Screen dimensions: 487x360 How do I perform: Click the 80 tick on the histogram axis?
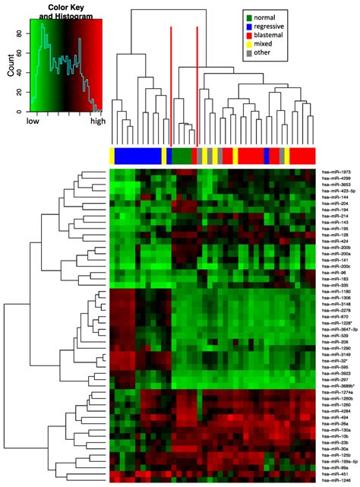(19, 33)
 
